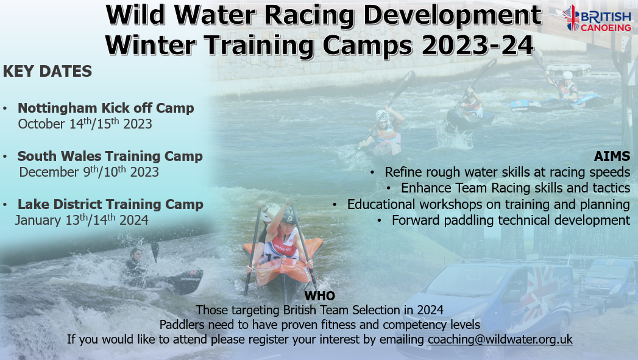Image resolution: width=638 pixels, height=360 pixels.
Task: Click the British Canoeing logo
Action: coord(597,18)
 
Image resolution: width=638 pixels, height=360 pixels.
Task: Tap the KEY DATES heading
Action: coord(47,71)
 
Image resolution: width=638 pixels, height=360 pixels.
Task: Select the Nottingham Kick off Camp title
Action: coord(106,108)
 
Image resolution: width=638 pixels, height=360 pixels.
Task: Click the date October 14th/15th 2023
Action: coord(85,124)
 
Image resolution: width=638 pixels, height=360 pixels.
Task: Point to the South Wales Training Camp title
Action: coord(110,156)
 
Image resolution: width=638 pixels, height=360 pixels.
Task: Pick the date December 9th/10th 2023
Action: coord(89,172)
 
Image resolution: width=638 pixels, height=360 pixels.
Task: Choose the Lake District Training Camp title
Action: coord(110,204)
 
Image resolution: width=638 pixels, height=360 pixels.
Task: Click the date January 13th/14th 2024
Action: coord(82,220)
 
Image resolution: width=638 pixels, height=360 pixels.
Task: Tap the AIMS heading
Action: coord(612,156)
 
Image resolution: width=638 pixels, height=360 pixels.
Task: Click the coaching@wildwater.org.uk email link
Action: coord(500,339)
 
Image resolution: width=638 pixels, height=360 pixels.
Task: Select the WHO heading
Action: coord(319,295)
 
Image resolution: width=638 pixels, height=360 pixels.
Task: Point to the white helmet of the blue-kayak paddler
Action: coord(567,75)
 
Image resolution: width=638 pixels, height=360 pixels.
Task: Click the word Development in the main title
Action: coord(452,15)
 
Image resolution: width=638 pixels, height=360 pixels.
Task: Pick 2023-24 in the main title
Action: coord(477,44)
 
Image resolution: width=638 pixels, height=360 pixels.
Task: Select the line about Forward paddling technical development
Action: coord(511,220)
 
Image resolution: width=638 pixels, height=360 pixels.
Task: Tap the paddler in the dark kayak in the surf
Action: coord(135,263)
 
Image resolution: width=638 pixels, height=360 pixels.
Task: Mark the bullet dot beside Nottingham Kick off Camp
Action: coord(5,108)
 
